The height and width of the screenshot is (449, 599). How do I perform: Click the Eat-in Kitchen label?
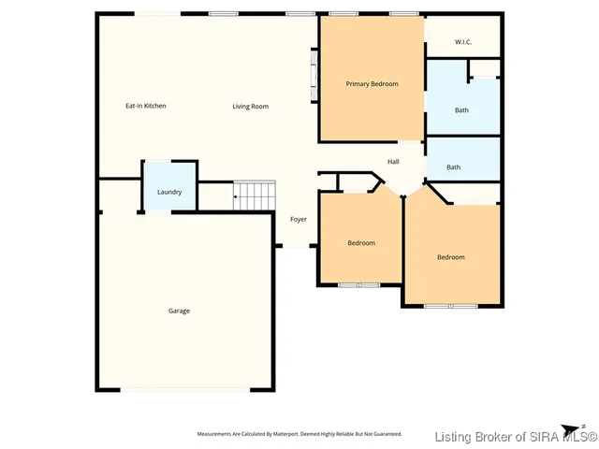point(146,106)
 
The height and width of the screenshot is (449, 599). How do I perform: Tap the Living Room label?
point(251,107)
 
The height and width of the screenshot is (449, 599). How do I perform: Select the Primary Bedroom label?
point(372,84)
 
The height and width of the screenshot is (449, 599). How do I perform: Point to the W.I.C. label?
point(463,42)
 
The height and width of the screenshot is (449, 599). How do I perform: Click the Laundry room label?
point(169,192)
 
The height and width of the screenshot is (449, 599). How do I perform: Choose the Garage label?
point(179,311)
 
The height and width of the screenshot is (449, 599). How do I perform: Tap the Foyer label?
point(299,219)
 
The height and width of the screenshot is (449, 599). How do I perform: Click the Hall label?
point(393,162)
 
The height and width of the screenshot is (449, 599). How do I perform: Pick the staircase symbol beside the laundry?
point(256,195)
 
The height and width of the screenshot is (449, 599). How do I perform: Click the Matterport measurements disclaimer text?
point(299,434)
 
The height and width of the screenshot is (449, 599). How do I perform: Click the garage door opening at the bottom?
point(184,390)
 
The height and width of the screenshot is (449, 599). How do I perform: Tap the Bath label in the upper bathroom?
point(462,110)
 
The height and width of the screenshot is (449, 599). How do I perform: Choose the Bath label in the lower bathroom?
point(453,167)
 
